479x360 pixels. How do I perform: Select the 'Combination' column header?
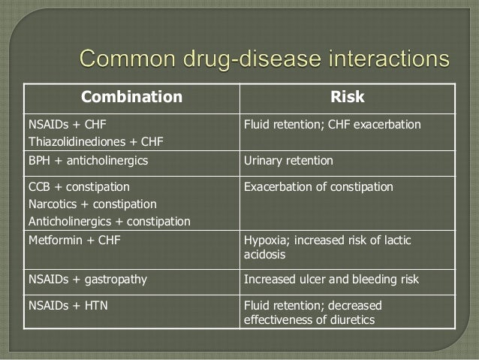click(x=131, y=97)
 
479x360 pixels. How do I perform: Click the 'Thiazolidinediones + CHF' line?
click(x=85, y=141)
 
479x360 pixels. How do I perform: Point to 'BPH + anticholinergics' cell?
click(x=77, y=161)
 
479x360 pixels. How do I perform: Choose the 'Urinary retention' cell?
click(x=289, y=161)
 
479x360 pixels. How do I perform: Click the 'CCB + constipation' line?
click(x=68, y=186)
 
